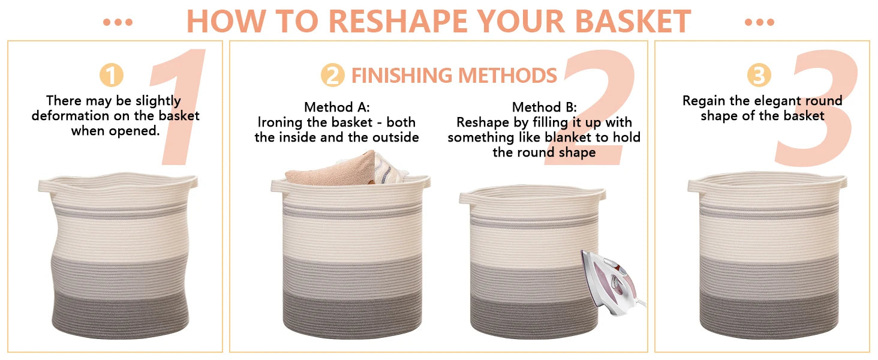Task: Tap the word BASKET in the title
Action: click(633, 21)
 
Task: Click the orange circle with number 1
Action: click(112, 75)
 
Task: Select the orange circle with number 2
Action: click(332, 75)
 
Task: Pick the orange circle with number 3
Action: click(759, 75)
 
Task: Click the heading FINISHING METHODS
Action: click(454, 75)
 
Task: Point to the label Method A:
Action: click(336, 107)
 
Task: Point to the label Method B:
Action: click(544, 107)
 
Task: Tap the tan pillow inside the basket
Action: click(333, 170)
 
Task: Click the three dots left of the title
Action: click(118, 22)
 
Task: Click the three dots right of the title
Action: click(760, 22)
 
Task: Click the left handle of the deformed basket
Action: click(45, 185)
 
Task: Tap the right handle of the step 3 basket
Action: click(840, 183)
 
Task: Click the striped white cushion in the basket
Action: click(389, 169)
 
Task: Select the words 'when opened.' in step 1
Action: click(115, 131)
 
